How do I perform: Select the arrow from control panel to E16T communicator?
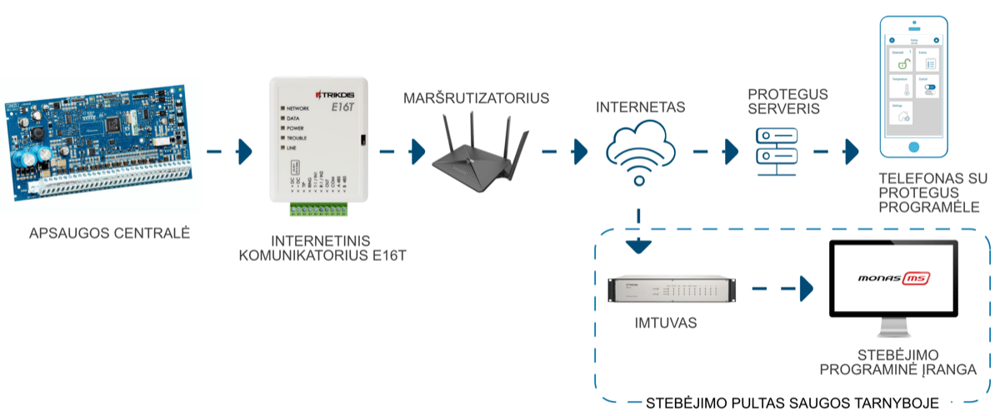point(230,152)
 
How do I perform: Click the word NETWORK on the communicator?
point(297,109)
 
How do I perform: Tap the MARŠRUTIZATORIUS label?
point(476,98)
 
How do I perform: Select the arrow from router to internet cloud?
point(566,152)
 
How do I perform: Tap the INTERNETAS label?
point(640,108)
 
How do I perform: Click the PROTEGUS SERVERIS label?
point(777,100)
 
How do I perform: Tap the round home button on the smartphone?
point(914,147)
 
